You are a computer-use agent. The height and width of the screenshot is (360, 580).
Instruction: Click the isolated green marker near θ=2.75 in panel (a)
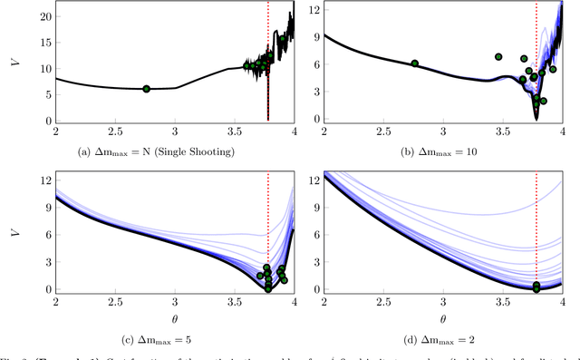pos(146,89)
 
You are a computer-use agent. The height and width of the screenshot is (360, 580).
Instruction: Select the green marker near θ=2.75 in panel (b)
pos(414,63)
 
